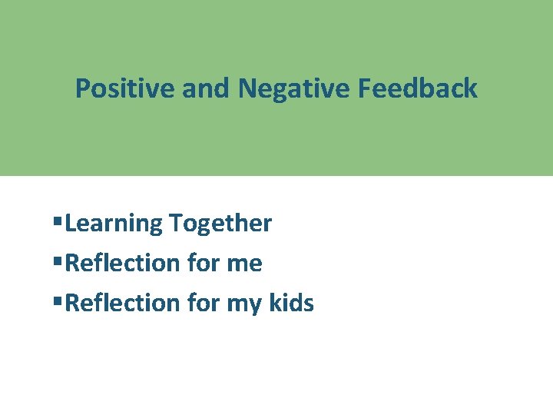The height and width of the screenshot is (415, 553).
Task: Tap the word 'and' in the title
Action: tap(206, 88)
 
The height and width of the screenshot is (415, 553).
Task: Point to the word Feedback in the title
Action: tap(417, 88)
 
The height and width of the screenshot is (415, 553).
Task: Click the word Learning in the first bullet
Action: tap(114, 224)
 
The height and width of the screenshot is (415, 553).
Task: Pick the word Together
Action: tap(220, 224)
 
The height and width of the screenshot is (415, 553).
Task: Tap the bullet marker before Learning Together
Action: tap(58, 223)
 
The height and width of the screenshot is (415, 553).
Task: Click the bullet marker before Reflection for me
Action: tap(58, 263)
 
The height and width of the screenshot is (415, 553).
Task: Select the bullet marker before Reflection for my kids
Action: tap(58, 303)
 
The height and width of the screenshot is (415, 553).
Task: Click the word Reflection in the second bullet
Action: tap(123, 264)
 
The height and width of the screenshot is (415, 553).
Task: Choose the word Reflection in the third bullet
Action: tap(123, 304)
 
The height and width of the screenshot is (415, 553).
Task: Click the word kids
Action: tap(291, 304)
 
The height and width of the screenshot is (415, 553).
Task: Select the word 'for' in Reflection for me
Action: tap(203, 264)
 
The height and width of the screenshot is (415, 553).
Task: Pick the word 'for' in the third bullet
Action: tap(203, 304)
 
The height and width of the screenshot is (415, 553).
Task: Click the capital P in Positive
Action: tap(82, 88)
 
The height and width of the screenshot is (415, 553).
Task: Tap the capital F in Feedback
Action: tap(364, 88)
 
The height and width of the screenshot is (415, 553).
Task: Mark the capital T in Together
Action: tap(177, 224)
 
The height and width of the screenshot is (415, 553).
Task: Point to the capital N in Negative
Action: tap(247, 88)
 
